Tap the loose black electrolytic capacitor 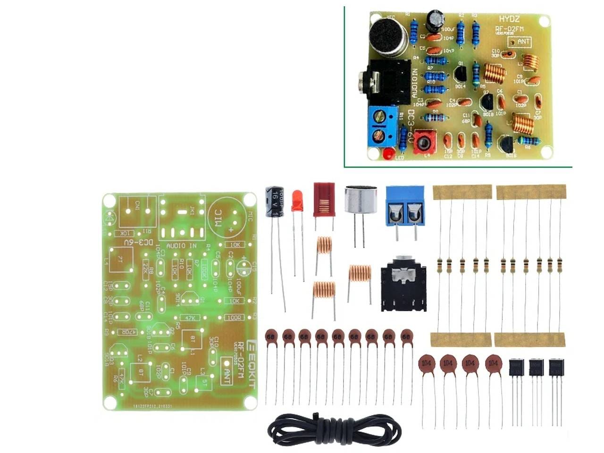click(274, 201)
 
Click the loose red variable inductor click(324, 199)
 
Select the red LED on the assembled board click(388, 154)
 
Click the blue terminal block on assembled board click(381, 126)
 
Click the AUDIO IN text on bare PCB click(182, 245)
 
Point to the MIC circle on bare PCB click(227, 218)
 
